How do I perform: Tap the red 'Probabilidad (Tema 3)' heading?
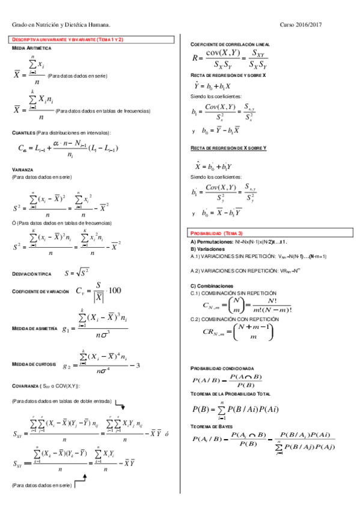coord(216,233)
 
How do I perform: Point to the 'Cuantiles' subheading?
coord(23,133)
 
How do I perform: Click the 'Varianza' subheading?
coord(22,170)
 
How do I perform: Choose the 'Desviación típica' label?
coord(32,274)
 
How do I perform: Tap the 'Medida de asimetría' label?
coord(35,329)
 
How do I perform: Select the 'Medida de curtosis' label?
coord(34,364)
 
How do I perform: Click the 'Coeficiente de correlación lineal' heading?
coord(230,45)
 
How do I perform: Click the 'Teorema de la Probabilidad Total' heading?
coord(230,393)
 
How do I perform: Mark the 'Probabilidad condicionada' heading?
coord(222,368)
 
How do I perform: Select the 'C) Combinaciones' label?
coord(212,286)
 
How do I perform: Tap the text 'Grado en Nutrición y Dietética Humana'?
coord(61,25)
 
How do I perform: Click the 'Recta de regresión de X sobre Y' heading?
coord(228,147)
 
